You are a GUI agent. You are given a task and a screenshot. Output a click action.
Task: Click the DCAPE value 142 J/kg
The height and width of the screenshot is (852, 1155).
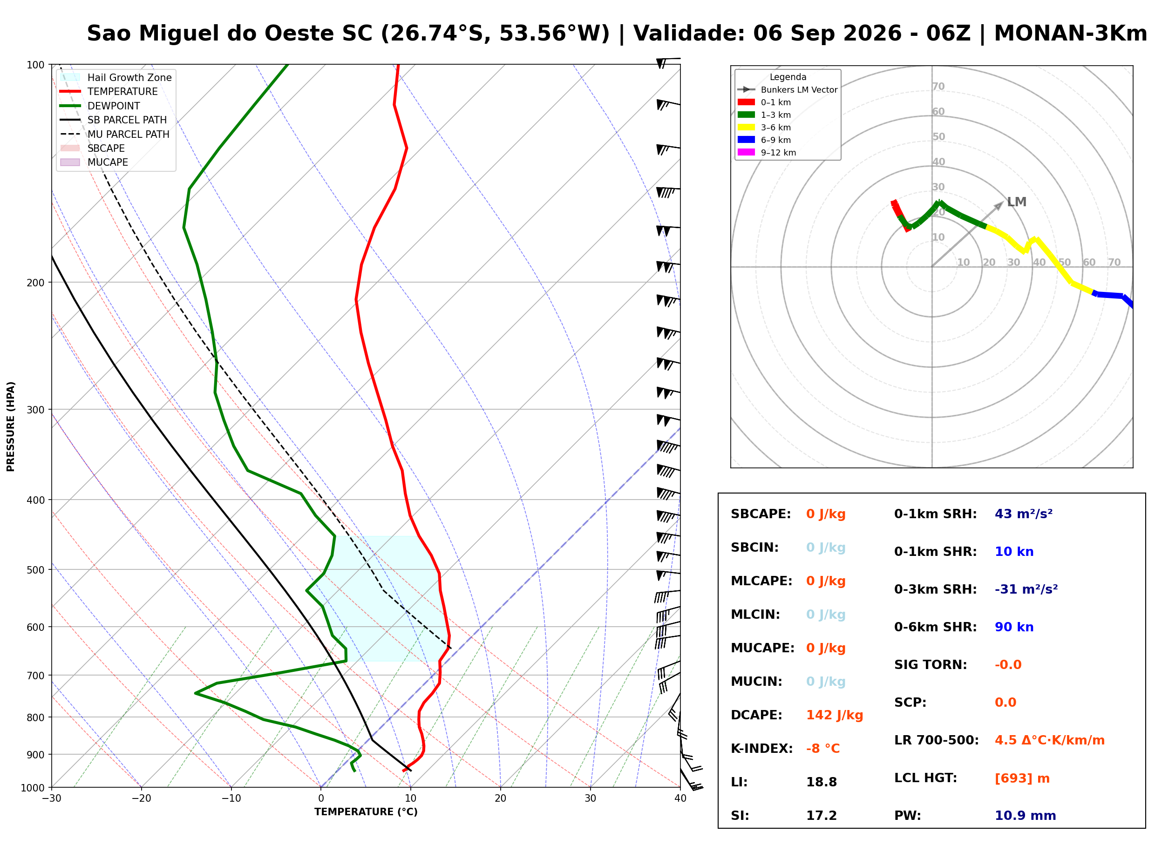(834, 715)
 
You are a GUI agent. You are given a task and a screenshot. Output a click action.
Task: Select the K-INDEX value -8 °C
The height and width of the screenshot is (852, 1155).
(823, 749)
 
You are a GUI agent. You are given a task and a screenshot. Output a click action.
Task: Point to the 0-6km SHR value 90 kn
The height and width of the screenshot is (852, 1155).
(1014, 627)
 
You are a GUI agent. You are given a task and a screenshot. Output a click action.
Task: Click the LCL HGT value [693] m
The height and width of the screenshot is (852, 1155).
(1022, 778)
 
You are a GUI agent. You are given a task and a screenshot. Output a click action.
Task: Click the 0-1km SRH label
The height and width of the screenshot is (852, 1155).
(935, 514)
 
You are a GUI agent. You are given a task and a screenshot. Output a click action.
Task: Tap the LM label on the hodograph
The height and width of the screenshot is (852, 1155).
(1016, 202)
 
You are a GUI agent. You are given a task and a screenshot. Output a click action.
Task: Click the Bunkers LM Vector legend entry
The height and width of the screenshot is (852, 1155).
(787, 90)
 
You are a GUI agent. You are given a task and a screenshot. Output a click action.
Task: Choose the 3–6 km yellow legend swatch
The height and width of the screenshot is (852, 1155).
(746, 128)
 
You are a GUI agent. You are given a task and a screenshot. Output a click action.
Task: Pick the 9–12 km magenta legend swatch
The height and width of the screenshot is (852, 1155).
(746, 152)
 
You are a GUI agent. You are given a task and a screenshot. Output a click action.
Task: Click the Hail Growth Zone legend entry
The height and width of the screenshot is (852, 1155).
(116, 77)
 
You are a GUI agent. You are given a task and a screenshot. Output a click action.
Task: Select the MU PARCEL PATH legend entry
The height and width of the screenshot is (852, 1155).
(115, 134)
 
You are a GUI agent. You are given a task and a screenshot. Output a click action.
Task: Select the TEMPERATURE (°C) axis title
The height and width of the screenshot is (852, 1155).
(366, 812)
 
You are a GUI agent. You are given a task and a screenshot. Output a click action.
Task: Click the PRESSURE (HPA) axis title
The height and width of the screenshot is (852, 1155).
(11, 426)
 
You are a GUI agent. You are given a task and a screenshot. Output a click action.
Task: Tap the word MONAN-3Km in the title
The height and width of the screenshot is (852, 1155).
(1070, 34)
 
